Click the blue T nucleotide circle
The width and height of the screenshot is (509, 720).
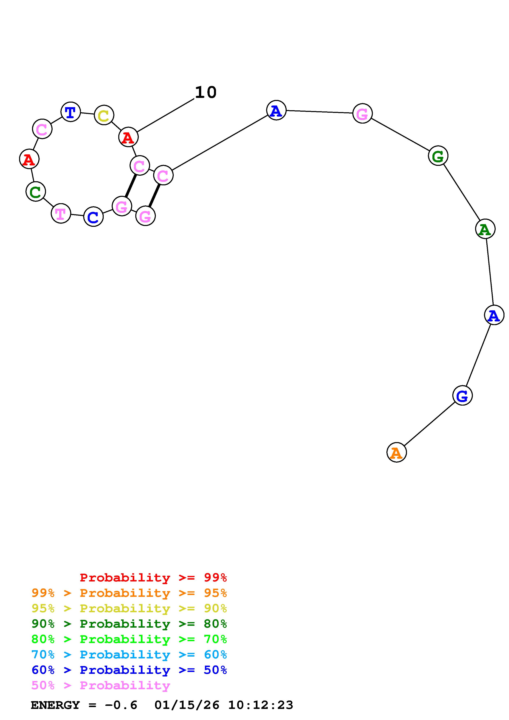pos(71,112)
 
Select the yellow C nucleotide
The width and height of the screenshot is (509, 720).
pos(104,115)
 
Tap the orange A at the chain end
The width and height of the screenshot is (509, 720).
pos(396,453)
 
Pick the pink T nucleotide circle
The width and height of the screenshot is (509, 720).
pos(61,213)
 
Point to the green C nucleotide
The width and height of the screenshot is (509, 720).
pos(36,192)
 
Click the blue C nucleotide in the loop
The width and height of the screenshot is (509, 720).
pos(93,217)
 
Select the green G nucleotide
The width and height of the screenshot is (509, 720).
pos(438,156)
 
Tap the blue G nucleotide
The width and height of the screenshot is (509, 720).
pos(462,396)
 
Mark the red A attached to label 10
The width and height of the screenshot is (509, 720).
pos(128,137)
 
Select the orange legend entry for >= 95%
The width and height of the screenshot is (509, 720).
pos(129,593)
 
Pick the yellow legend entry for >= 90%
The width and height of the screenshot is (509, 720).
pos(129,608)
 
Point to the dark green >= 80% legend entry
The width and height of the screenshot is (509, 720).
pos(129,624)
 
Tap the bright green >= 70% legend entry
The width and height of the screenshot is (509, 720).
pos(129,639)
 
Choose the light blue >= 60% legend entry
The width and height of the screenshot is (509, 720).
pos(129,655)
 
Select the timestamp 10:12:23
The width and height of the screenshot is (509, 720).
pos(260,705)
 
